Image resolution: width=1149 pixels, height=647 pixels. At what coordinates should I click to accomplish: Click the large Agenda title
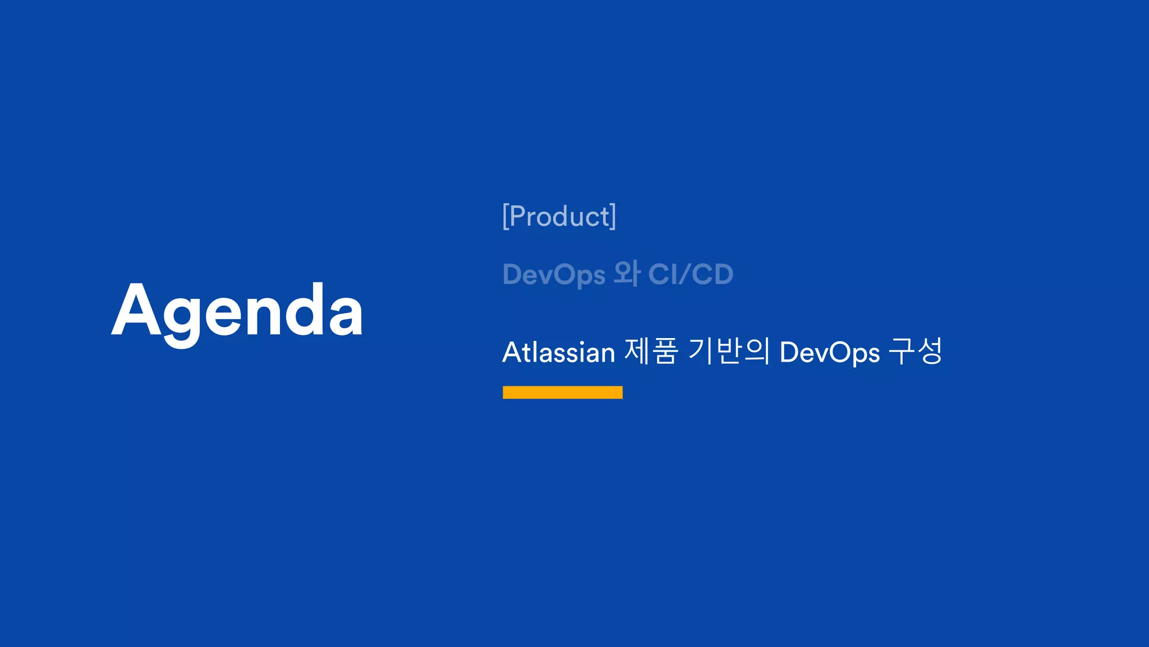(237, 311)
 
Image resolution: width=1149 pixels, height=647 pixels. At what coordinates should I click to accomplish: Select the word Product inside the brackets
(559, 217)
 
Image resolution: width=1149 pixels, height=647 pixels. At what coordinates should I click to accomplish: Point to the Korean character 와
(627, 274)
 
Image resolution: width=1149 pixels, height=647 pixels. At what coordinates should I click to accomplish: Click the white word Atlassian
(559, 353)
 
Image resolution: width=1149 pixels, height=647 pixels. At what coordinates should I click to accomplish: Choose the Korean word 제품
(651, 352)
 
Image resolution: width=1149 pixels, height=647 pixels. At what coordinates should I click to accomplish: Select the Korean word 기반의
(729, 352)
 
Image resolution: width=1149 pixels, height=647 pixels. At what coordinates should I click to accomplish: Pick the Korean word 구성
(916, 352)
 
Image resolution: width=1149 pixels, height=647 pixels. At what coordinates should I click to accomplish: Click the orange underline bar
(563, 393)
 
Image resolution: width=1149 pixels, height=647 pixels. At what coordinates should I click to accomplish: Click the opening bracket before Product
(505, 217)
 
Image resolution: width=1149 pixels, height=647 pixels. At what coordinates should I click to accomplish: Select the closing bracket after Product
(613, 217)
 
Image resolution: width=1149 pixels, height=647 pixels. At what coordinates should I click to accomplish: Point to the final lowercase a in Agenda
(346, 317)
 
